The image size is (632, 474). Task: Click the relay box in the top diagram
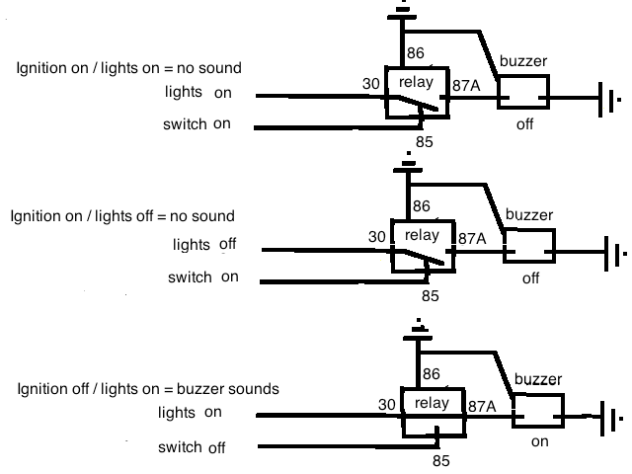[417, 92]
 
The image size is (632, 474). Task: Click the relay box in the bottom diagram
[432, 412]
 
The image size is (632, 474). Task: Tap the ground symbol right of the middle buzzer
[615, 254]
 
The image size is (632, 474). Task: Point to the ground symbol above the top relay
[400, 12]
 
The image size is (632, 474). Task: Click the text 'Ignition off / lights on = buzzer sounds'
[148, 389]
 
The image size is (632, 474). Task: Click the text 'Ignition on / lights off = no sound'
[122, 215]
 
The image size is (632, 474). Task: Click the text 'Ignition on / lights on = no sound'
[129, 68]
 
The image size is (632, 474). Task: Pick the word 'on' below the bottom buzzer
[539, 441]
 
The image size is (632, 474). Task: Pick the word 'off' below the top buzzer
[525, 125]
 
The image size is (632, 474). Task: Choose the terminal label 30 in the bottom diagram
[387, 405]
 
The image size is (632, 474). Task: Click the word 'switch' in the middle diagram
[189, 277]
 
